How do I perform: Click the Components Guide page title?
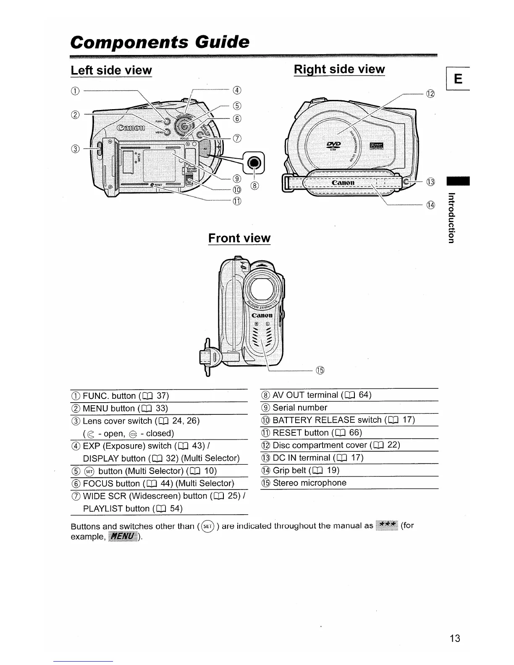tap(160, 42)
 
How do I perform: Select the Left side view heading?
tap(111, 70)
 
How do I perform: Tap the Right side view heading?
tap(339, 69)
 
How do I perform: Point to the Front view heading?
tap(239, 238)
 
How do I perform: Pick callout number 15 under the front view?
tap(320, 370)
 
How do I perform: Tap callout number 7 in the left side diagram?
tap(237, 138)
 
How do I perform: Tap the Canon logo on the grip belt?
tap(343, 183)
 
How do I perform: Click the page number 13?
tap(454, 639)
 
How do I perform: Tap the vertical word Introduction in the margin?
tap(451, 217)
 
